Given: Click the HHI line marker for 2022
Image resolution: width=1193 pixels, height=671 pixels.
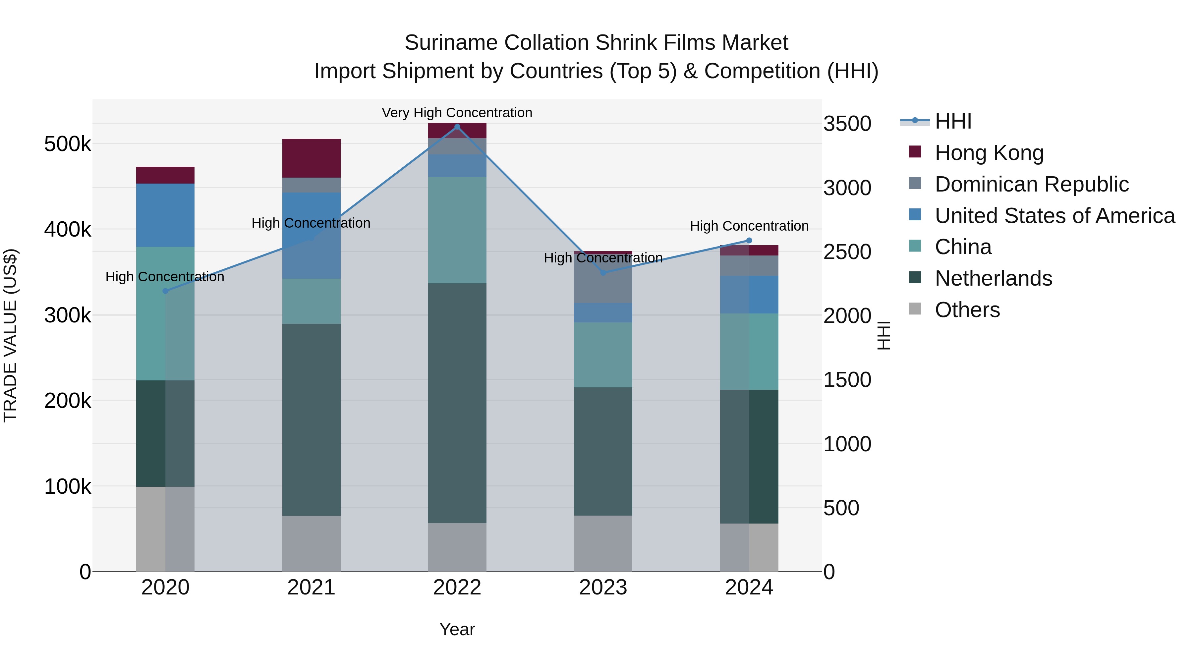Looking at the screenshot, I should (457, 127).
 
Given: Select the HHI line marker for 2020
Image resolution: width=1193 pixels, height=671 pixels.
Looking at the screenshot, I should (165, 291).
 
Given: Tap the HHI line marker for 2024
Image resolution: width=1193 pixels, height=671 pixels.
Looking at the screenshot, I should (749, 240).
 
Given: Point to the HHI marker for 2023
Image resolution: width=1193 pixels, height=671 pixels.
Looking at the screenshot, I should (603, 273).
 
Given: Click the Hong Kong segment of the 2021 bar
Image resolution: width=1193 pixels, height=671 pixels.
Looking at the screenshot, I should (311, 158).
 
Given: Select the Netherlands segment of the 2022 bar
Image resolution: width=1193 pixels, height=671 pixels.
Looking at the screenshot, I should (457, 403).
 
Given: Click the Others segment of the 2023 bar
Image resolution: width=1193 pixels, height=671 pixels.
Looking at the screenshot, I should (603, 543).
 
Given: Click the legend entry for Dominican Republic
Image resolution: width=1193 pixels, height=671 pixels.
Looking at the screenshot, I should (1031, 184).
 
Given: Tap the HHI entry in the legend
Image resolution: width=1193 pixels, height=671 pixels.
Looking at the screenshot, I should (953, 121).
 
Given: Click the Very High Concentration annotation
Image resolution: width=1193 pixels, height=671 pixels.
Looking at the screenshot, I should (457, 113).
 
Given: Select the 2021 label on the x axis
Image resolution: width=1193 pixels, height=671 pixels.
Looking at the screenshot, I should (311, 587).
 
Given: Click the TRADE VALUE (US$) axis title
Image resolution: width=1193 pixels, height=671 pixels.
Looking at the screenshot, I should (10, 335).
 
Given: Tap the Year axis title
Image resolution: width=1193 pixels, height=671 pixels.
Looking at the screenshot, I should (457, 629).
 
